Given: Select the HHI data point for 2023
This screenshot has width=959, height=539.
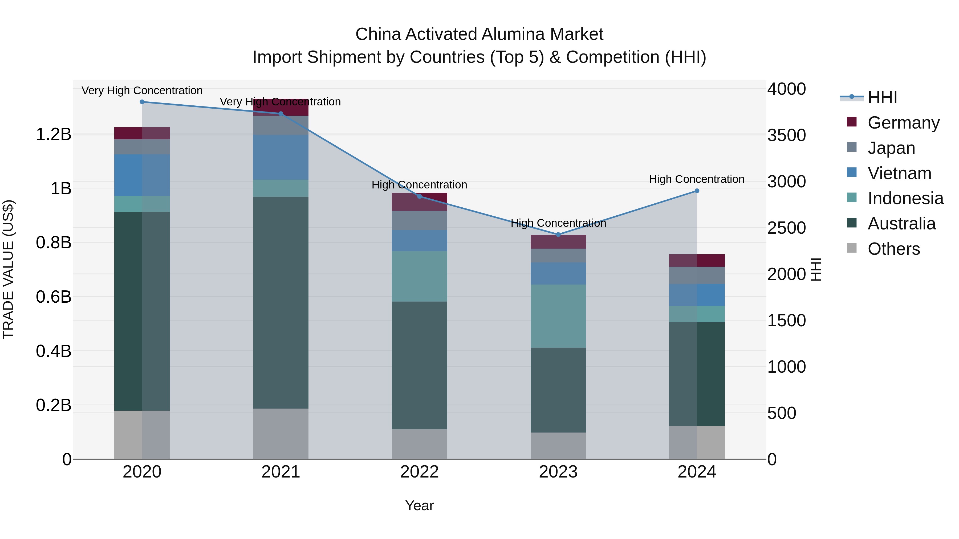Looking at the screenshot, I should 558,235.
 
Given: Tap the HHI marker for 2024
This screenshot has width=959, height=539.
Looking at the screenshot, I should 697,191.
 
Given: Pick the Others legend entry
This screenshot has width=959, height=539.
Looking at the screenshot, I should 893,249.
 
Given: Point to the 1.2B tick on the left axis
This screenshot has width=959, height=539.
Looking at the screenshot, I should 53,134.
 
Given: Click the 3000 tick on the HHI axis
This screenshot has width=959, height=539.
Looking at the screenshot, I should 786,182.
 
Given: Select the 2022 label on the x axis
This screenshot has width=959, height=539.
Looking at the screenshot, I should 419,472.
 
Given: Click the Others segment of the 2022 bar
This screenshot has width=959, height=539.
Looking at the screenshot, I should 419,444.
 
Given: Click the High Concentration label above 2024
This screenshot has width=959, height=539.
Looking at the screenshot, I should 697,179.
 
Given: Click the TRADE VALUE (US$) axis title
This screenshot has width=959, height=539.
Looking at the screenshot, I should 8,269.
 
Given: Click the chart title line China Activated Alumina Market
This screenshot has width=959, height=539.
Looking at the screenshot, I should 479,34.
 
